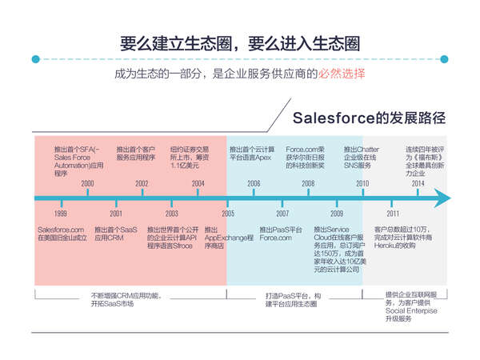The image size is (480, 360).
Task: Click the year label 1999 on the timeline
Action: (x=61, y=214)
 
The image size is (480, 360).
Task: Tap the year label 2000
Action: (x=87, y=184)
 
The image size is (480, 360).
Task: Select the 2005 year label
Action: (x=228, y=214)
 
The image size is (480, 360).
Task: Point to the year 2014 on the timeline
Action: (x=418, y=184)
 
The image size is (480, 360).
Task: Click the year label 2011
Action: (x=393, y=214)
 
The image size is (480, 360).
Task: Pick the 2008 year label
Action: (x=308, y=184)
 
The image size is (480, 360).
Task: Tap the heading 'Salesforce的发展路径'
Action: (x=367, y=118)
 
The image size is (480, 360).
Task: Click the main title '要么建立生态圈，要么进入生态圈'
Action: (x=239, y=42)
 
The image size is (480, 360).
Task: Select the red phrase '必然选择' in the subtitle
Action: (x=342, y=75)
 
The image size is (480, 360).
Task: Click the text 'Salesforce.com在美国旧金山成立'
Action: (x=61, y=234)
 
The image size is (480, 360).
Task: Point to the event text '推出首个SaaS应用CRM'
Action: (x=114, y=234)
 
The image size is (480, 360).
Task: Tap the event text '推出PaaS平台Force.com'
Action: (x=282, y=234)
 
